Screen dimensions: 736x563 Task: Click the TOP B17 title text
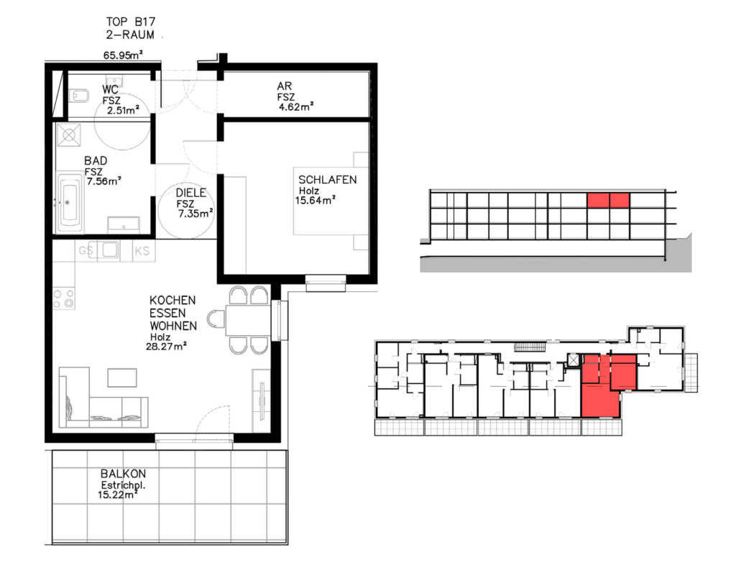131,22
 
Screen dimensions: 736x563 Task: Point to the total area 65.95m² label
123,55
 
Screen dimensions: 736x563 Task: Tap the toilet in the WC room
79,96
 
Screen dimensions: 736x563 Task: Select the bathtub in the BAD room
70,203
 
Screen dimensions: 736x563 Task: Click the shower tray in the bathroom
69,135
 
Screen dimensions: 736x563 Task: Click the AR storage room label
285,86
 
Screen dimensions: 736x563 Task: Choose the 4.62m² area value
296,106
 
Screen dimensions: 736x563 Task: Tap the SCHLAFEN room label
328,179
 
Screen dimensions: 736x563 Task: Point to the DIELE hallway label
190,193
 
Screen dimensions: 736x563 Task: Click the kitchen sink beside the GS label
110,250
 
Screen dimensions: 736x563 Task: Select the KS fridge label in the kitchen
142,251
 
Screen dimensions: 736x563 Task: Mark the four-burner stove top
64,298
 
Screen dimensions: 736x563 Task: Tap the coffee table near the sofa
122,377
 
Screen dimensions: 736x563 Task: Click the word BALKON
123,474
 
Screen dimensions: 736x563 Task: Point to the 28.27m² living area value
167,347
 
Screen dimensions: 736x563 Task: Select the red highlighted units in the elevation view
608,200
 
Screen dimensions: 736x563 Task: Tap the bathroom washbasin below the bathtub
124,224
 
